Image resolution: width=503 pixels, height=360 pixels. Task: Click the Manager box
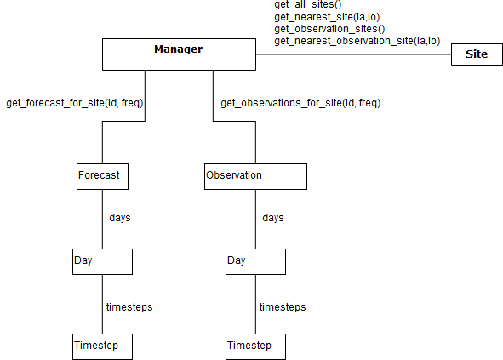pyautogui.click(x=179, y=54)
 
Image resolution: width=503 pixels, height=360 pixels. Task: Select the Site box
pyautogui.click(x=477, y=54)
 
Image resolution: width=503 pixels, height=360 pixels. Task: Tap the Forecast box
pyautogui.click(x=102, y=176)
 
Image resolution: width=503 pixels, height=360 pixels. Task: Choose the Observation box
pyautogui.click(x=255, y=176)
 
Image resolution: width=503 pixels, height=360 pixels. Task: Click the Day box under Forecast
pyautogui.click(x=102, y=261)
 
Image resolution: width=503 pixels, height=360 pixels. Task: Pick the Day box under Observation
pyautogui.click(x=255, y=261)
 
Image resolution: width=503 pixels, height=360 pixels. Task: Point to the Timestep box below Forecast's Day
pyautogui.click(x=102, y=346)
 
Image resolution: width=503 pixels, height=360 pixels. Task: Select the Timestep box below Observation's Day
pyautogui.click(x=255, y=346)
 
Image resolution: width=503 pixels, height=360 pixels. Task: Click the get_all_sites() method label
pyautogui.click(x=308, y=4)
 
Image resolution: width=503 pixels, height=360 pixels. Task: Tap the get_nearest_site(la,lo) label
pyautogui.click(x=327, y=17)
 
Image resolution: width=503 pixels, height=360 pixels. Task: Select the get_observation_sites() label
pyautogui.click(x=329, y=29)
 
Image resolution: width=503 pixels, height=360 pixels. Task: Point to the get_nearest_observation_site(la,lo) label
pyautogui.click(x=357, y=41)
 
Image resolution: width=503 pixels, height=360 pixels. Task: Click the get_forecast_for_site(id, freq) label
pyautogui.click(x=75, y=103)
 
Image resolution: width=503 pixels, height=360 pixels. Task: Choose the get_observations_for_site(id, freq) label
pyautogui.click(x=300, y=103)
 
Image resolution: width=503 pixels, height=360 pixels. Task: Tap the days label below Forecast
pyautogui.click(x=120, y=218)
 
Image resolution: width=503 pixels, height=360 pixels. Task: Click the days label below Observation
pyautogui.click(x=273, y=218)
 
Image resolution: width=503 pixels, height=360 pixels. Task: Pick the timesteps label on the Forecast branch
pyautogui.click(x=129, y=307)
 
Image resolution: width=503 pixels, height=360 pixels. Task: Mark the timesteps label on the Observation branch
pyautogui.click(x=283, y=307)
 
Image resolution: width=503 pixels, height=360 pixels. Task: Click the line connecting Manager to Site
pyautogui.click(x=353, y=54)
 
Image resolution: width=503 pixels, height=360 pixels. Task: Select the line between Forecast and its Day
pyautogui.click(x=102, y=219)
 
